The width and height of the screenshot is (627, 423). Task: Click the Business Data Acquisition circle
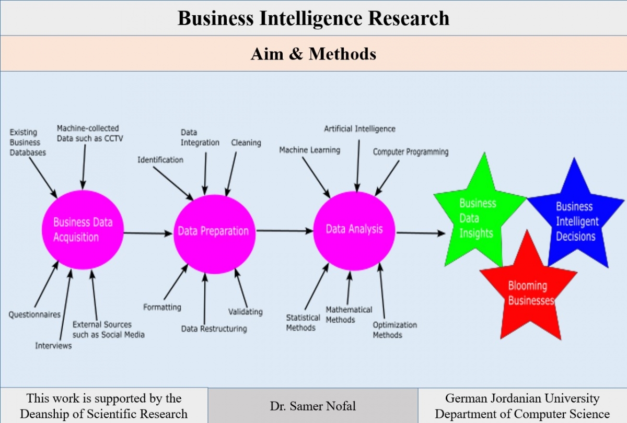tap(83, 230)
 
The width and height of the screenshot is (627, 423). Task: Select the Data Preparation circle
tap(214, 231)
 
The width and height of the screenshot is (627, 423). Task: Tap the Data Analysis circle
tap(354, 229)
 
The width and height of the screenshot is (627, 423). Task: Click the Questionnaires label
tap(34, 314)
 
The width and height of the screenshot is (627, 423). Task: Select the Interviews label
tap(53, 346)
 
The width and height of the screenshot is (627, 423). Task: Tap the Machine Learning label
tap(309, 150)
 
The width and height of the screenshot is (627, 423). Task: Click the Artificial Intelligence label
tap(359, 128)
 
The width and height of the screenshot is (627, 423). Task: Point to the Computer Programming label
tap(411, 152)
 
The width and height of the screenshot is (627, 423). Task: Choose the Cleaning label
tap(246, 143)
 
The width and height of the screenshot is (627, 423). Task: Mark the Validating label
tap(246, 312)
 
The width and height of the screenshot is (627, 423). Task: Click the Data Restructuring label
tap(214, 329)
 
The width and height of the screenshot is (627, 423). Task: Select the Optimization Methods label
tap(394, 330)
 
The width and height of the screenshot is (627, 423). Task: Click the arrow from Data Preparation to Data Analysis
tap(284, 230)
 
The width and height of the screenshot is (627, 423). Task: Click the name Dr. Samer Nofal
tap(312, 406)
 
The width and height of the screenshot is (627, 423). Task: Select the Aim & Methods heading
tap(313, 54)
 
